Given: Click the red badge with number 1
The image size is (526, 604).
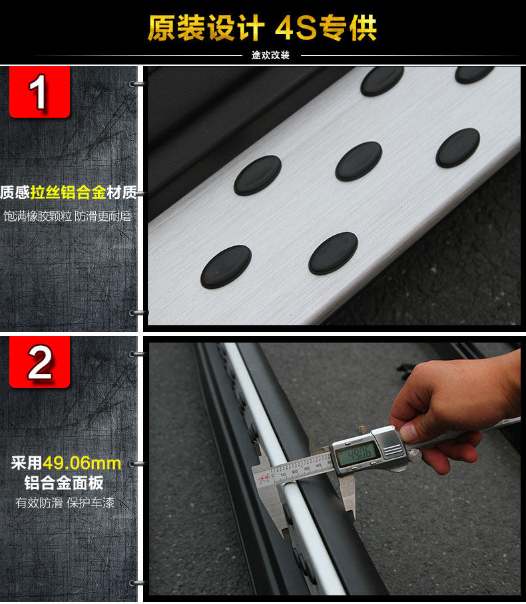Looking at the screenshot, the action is click(x=39, y=91).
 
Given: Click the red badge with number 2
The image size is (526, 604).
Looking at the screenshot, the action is click(x=39, y=361).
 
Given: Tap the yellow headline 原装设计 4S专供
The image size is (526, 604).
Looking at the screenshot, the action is click(x=262, y=28).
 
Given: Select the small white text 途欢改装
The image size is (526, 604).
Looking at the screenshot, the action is click(x=270, y=55).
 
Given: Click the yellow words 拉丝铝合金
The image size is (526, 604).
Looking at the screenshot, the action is click(x=69, y=192).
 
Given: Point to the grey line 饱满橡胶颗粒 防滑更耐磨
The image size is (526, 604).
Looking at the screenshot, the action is click(x=68, y=216).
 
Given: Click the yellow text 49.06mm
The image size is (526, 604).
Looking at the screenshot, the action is click(x=82, y=463).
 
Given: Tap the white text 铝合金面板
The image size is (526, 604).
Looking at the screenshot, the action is click(x=64, y=483).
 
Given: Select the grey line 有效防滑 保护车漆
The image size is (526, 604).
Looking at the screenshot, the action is click(x=65, y=503).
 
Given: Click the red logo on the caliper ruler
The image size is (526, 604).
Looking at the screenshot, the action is click(x=264, y=479).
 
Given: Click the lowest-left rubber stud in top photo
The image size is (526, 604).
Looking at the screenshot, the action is click(x=226, y=267).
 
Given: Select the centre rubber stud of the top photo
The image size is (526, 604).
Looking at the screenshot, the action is click(x=359, y=161).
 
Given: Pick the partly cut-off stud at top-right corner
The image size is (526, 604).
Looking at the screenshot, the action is click(x=474, y=75).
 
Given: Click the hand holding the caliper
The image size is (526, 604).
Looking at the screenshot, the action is click(x=455, y=408).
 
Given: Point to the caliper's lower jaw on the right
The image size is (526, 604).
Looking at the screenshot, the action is click(x=348, y=498).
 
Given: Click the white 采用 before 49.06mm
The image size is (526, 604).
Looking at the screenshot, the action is click(x=26, y=463).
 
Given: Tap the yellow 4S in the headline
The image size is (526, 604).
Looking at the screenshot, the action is click(x=296, y=28).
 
